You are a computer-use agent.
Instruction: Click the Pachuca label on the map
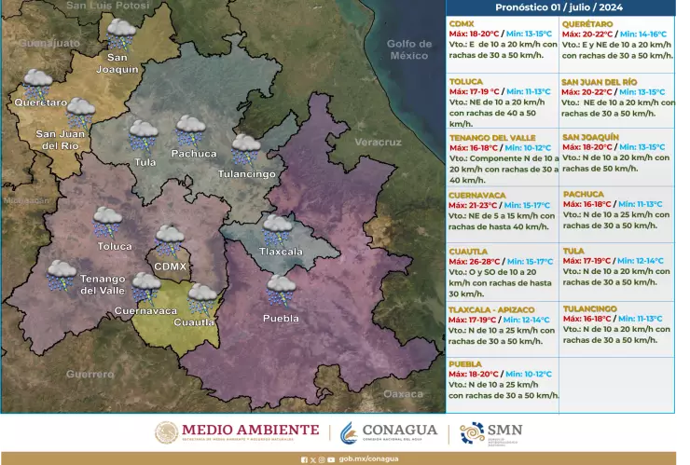click(x=194, y=153)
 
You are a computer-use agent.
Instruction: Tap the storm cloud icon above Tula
click(x=143, y=136)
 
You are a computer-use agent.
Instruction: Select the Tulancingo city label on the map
click(x=246, y=174)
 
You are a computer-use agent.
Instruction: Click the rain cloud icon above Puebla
click(x=281, y=290)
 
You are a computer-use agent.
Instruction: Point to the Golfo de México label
click(x=408, y=49)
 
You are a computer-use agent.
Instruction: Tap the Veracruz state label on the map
click(x=378, y=143)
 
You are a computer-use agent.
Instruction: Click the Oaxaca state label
click(x=403, y=394)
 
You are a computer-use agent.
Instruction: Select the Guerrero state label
click(x=90, y=375)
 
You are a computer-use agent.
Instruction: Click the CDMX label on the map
click(x=171, y=267)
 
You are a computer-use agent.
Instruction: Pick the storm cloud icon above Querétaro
click(x=37, y=82)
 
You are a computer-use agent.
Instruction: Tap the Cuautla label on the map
click(x=194, y=322)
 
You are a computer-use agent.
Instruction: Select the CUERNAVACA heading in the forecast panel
click(x=476, y=195)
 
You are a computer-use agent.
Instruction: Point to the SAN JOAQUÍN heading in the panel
click(x=590, y=137)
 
